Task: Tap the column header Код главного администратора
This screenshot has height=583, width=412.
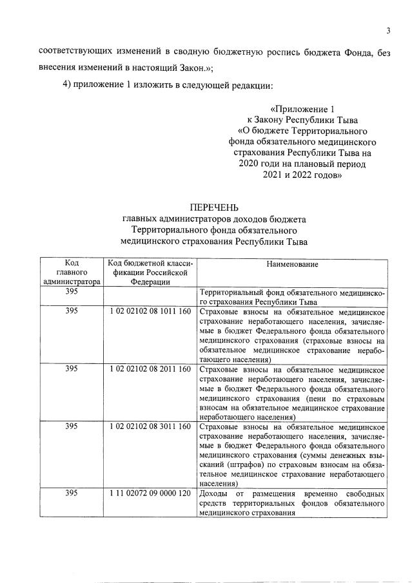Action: [x=72, y=272]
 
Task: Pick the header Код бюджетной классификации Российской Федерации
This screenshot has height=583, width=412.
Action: [x=150, y=272]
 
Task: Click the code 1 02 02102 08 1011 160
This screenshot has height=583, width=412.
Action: [x=150, y=311]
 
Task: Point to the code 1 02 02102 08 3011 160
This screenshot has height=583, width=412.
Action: [x=150, y=427]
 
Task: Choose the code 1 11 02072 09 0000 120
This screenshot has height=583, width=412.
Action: [x=150, y=493]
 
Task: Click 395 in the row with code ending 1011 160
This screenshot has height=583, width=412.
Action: [x=72, y=311]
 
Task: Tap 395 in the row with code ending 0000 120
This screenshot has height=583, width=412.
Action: [x=72, y=493]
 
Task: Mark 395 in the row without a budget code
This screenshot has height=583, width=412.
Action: [x=72, y=292]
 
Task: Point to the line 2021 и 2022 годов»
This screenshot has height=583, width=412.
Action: [x=302, y=175]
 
